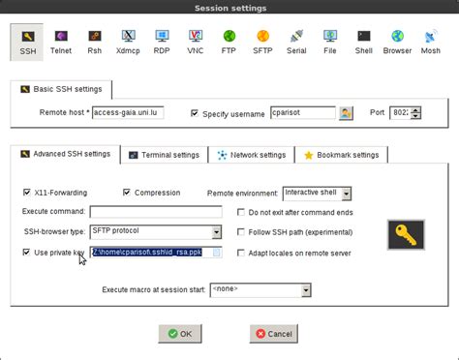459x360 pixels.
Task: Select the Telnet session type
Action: (60, 40)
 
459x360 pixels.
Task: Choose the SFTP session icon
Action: (262, 40)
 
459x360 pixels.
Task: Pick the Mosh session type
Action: (430, 40)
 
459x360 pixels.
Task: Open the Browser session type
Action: (397, 40)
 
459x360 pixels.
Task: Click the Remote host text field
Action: (128, 113)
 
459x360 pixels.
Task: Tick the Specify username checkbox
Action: (195, 113)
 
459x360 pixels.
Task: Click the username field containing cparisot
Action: (302, 113)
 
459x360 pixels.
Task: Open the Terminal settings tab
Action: (165, 155)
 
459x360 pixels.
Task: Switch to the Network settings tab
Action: (252, 155)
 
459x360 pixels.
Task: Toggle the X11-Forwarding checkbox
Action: (27, 193)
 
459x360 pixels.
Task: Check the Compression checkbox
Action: (127, 193)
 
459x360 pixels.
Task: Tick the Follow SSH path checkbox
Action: (242, 232)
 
